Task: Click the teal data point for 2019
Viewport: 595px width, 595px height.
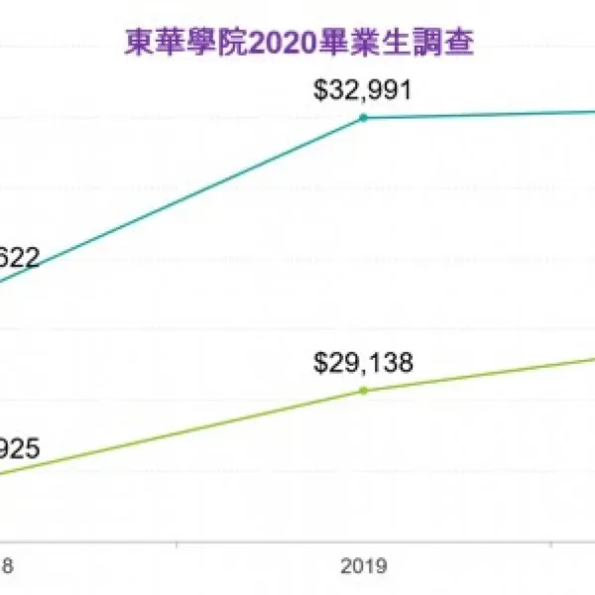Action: click(363, 118)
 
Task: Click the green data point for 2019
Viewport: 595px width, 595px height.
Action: click(363, 390)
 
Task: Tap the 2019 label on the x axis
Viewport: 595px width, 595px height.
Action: click(363, 567)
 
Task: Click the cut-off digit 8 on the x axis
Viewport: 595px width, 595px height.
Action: click(8, 567)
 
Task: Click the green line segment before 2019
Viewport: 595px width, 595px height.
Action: click(188, 430)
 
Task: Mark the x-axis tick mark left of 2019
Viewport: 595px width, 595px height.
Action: click(177, 544)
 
